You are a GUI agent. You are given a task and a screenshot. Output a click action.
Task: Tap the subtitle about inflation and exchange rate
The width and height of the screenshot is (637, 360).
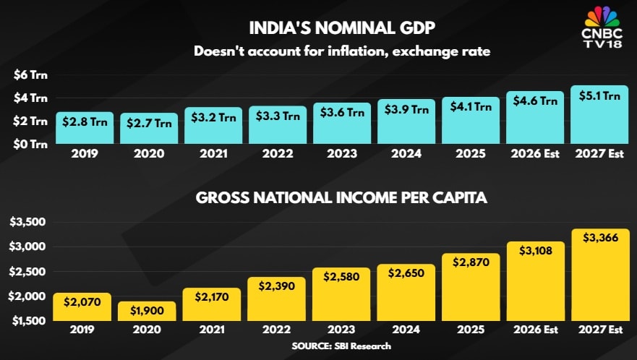click(x=318, y=51)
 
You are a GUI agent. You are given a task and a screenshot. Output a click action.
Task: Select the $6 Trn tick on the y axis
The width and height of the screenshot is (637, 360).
click(x=30, y=74)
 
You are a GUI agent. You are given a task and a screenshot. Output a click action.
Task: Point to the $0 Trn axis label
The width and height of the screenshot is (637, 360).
click(x=30, y=144)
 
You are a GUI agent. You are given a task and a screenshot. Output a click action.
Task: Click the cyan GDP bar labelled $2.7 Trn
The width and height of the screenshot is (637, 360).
click(x=149, y=128)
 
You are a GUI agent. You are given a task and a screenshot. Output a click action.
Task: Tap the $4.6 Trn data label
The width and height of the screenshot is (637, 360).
click(x=534, y=100)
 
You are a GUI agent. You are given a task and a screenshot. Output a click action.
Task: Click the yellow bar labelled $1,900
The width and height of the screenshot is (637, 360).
click(x=148, y=312)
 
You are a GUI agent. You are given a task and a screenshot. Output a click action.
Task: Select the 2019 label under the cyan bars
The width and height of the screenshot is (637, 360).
click(x=85, y=153)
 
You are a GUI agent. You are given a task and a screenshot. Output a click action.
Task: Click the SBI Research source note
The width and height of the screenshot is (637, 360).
click(x=341, y=346)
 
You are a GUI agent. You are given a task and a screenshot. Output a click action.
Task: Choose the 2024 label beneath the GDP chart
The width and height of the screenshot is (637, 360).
click(x=406, y=153)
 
